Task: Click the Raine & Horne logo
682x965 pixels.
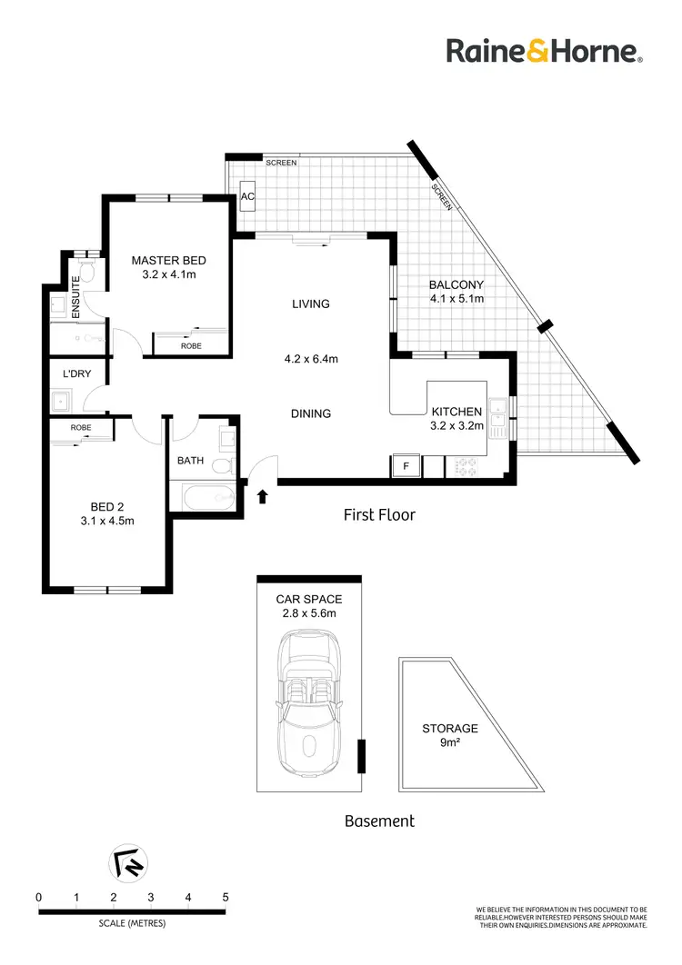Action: [544, 51]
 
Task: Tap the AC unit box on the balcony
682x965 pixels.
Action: [247, 195]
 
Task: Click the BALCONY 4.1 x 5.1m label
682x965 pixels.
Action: [456, 291]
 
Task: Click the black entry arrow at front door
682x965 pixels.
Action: [264, 496]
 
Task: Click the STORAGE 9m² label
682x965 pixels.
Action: [449, 734]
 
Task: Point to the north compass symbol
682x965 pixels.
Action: [127, 864]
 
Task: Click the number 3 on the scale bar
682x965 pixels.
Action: [151, 897]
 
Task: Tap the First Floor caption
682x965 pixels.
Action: [379, 515]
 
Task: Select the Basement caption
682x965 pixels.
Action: [379, 821]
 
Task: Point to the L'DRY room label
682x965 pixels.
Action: [76, 373]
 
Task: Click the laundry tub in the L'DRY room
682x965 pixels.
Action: [63, 400]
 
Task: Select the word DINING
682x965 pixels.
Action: [310, 413]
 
